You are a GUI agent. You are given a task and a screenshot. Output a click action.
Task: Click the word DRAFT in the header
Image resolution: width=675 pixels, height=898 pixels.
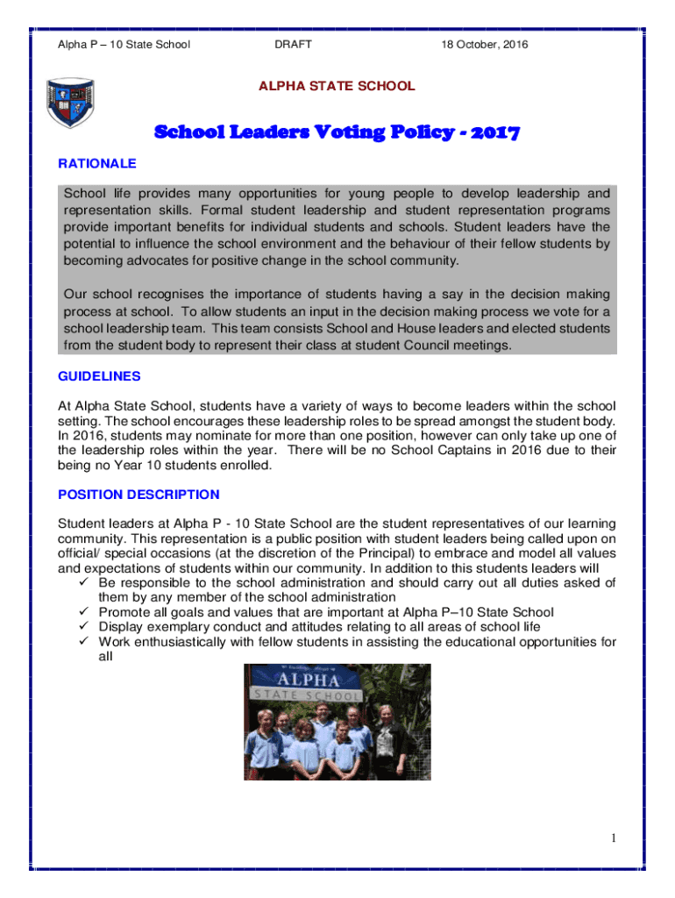(293, 44)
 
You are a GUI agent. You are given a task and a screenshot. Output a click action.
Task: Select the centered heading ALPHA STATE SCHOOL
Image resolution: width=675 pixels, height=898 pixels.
(337, 86)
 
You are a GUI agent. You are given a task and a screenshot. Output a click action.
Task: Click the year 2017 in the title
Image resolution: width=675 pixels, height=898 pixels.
(494, 133)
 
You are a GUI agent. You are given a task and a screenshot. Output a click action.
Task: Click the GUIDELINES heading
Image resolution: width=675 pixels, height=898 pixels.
(98, 375)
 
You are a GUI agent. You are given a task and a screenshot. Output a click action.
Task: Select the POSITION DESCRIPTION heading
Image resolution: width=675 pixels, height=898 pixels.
(139, 495)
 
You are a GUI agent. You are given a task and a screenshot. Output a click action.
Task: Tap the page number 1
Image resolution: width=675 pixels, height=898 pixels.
(615, 838)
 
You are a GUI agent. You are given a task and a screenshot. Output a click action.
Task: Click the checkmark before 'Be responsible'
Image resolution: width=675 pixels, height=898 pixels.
(84, 582)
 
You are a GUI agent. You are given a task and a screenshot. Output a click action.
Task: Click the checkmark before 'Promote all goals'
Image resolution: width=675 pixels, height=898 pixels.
(84, 612)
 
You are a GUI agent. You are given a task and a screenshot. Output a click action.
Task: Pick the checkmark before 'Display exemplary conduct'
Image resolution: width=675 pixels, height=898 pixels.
(84, 627)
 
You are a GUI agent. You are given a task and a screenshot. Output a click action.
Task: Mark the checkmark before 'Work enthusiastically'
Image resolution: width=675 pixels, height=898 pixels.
(84, 642)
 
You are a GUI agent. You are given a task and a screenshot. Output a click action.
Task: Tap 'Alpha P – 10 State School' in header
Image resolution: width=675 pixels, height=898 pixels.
(124, 44)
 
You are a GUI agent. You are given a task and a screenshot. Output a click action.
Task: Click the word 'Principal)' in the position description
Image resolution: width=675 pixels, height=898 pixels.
(394, 552)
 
